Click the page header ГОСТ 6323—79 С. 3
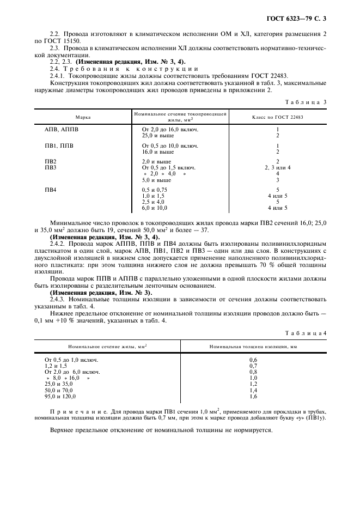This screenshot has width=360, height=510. [303, 19]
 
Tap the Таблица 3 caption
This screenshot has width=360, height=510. [308, 102]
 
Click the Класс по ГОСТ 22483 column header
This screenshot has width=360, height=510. [277, 117]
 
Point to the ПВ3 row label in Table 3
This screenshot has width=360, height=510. [50, 168]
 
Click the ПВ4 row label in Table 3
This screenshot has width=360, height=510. [50, 190]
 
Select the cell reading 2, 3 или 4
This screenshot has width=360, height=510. [278, 168]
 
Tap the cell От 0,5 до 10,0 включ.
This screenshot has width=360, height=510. [170, 146]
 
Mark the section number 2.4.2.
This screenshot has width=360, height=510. [59, 244]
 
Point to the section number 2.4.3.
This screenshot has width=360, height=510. [59, 300]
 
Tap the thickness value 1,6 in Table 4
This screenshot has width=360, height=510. [253, 397]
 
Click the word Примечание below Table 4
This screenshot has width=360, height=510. [74, 411]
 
